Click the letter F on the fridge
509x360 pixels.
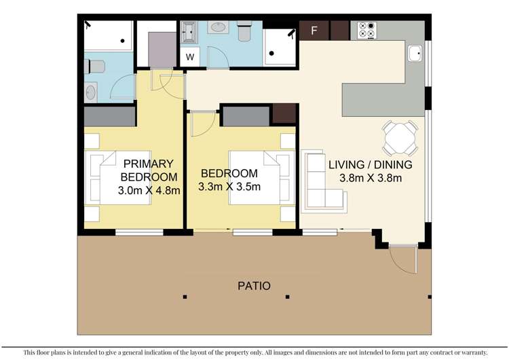coord(314,31)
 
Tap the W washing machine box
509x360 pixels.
coord(190,57)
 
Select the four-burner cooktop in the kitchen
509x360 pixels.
coord(368,31)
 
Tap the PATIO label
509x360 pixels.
coord(254,286)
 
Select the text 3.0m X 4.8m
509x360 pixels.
coord(149,190)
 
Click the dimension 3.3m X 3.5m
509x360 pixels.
coord(229,187)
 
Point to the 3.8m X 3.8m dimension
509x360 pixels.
coord(370,179)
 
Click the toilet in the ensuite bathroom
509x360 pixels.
coord(94,67)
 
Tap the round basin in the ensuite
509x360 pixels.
coord(92,90)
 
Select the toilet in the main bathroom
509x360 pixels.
coord(245,31)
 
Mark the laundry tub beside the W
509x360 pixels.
coord(189,31)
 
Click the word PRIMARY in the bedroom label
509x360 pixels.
coord(149,164)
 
